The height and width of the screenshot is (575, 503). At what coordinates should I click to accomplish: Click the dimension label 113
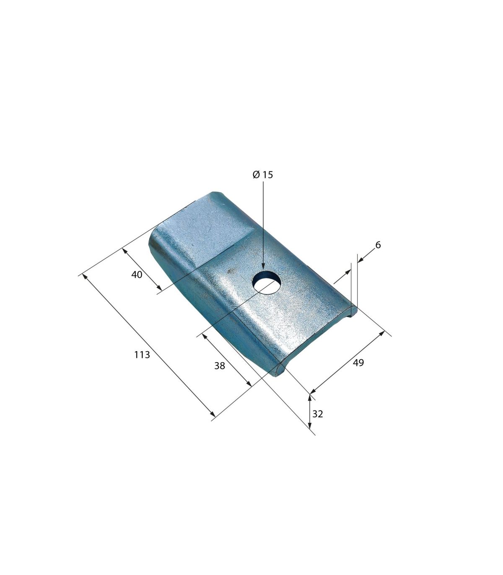click(142, 355)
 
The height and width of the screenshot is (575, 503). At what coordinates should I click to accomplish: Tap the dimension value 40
click(137, 275)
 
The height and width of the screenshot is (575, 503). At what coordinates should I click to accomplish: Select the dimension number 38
click(220, 365)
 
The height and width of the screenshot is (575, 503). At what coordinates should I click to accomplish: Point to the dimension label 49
click(358, 363)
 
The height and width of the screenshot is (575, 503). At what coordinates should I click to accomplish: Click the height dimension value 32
click(318, 414)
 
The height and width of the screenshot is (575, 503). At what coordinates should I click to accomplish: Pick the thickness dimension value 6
click(378, 245)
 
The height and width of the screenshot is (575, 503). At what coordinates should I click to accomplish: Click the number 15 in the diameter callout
click(268, 175)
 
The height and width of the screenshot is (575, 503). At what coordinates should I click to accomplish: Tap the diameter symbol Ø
click(256, 175)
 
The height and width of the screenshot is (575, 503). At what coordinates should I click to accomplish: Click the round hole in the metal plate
click(267, 282)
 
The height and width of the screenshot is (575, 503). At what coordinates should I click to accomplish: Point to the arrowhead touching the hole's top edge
click(263, 267)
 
